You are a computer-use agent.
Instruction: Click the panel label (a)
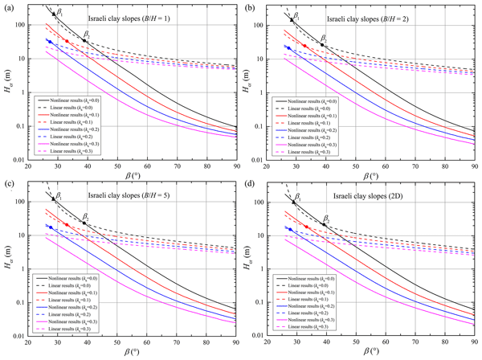click(x=6, y=7)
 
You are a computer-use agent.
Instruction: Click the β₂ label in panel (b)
click(x=325, y=38)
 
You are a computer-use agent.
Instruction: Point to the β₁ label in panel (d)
click(x=298, y=195)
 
